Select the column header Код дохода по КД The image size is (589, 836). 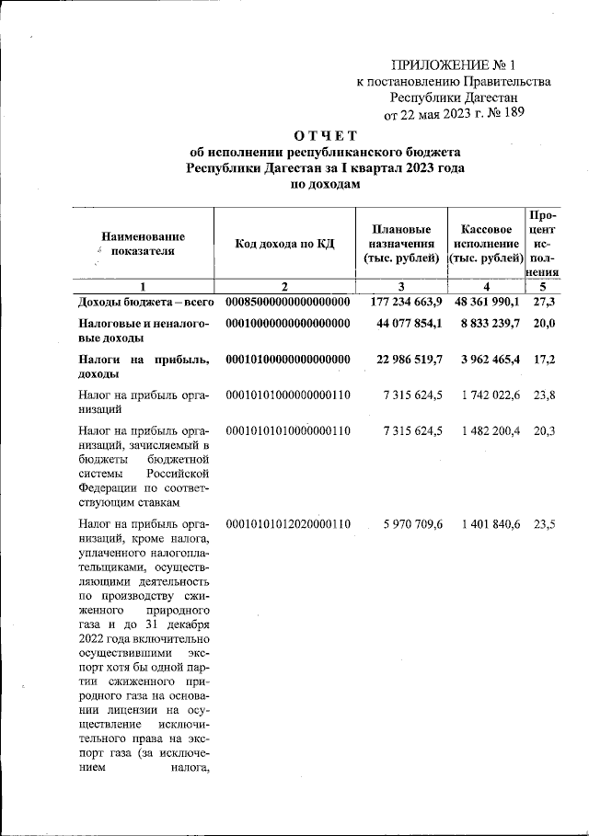284,243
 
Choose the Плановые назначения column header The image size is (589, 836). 401,243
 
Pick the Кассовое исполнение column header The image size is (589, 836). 485,243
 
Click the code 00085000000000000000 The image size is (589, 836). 288,302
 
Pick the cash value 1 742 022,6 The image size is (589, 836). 489,395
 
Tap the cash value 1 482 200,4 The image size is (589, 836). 489,430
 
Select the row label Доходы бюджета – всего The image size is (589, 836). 145,302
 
